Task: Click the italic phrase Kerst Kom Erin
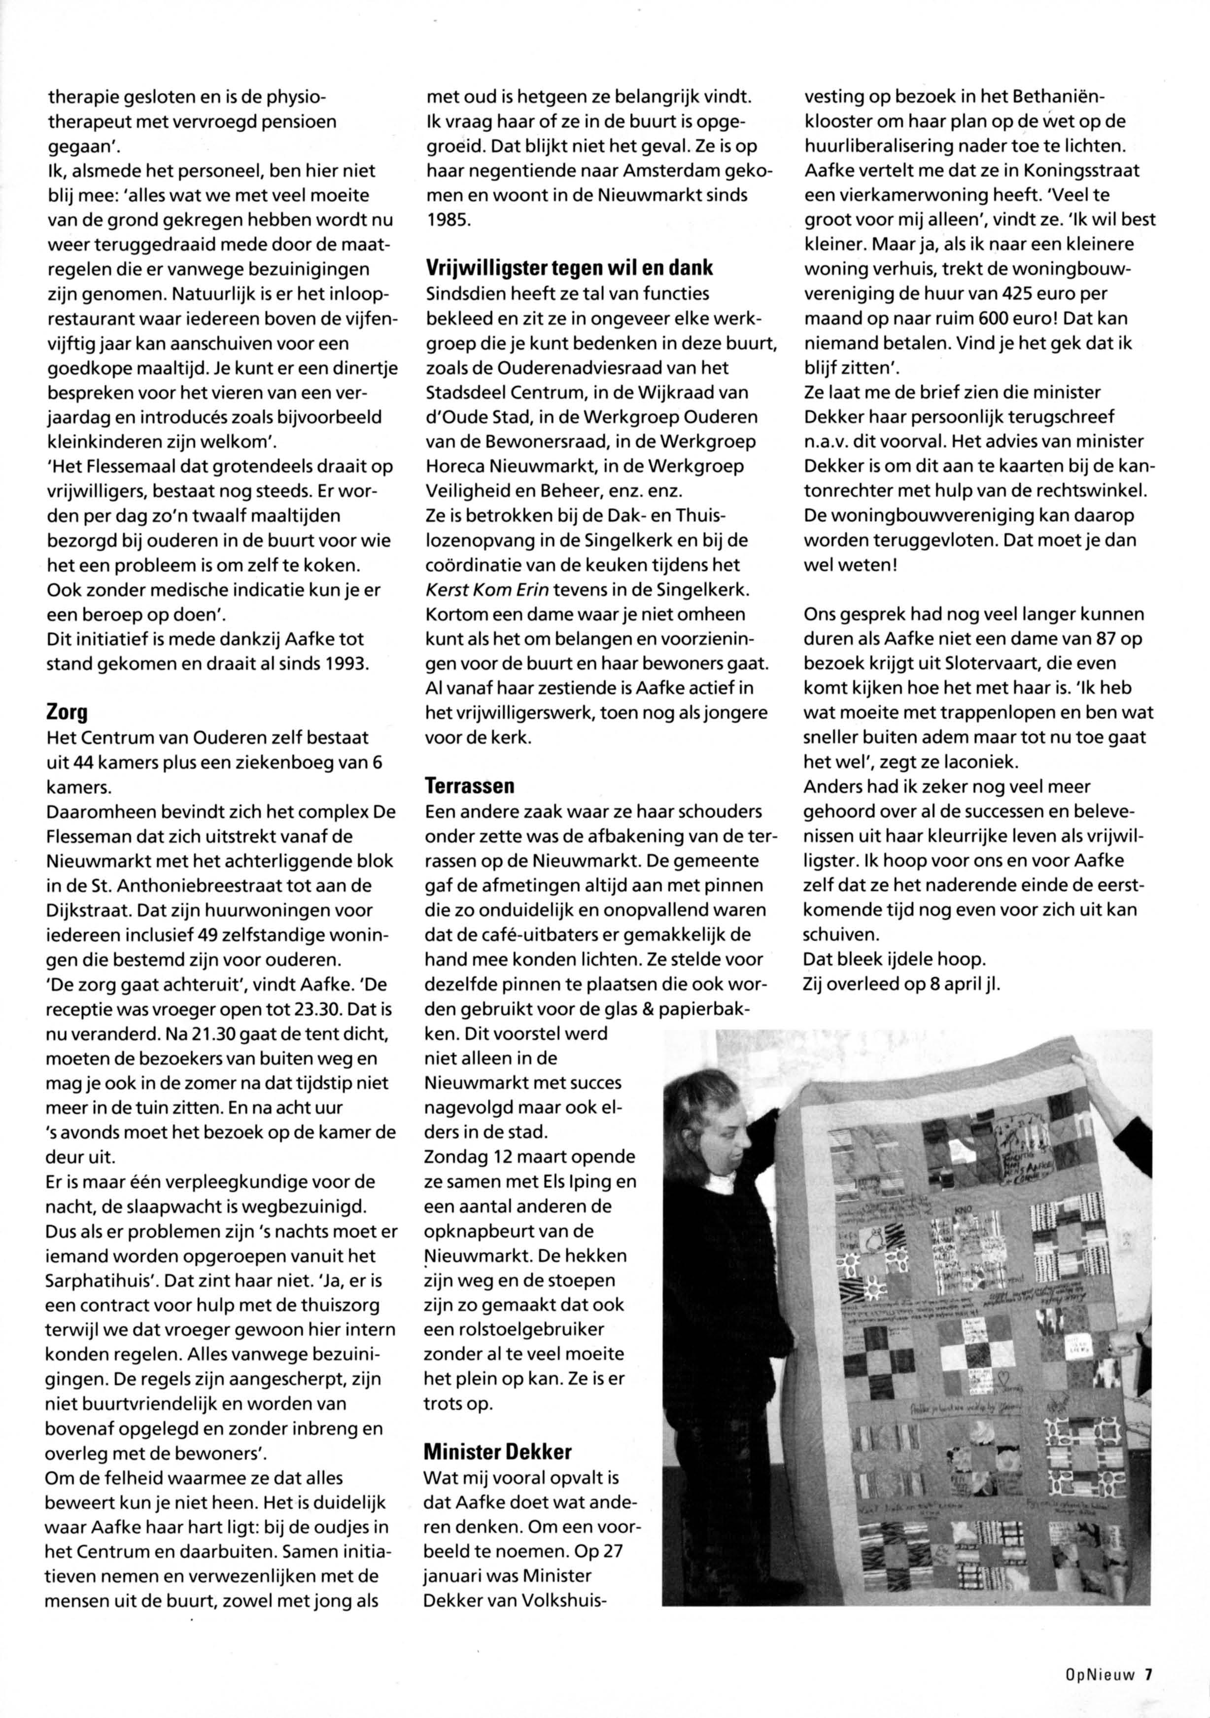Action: coord(487,589)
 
